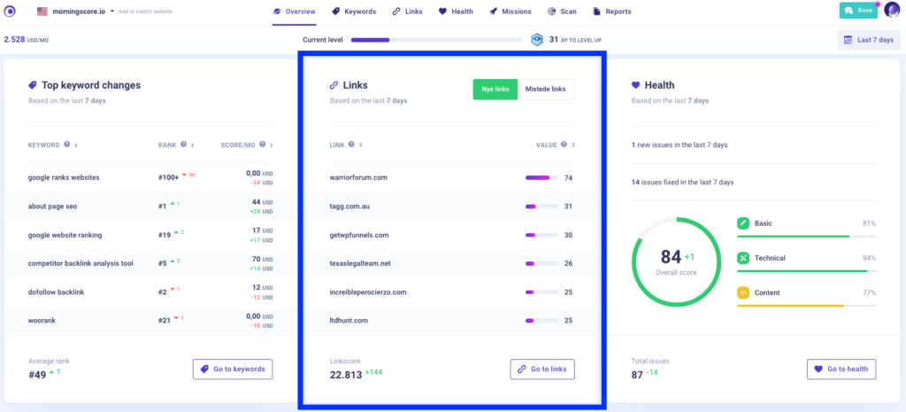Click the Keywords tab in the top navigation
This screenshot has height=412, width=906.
click(354, 12)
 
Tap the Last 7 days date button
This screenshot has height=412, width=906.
click(869, 40)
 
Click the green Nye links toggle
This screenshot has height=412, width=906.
click(495, 89)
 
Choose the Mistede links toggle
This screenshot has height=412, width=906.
click(546, 89)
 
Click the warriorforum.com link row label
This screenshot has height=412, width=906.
click(358, 177)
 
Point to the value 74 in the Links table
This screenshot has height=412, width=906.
click(568, 177)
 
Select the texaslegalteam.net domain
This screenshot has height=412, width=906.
click(359, 263)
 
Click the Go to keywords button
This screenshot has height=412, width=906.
click(233, 369)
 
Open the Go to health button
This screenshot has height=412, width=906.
click(841, 369)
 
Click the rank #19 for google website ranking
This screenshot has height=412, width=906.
click(164, 235)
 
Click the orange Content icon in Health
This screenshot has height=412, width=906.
click(743, 292)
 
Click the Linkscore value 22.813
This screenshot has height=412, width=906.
click(344, 374)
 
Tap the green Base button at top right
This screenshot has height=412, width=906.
click(858, 11)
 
